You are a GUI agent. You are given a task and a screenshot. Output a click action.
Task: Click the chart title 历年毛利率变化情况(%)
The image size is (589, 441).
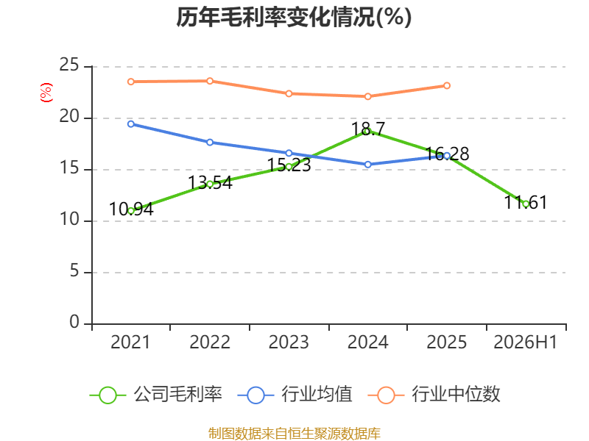coord(294,17)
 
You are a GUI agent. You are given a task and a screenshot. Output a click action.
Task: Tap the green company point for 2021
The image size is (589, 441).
coord(131,211)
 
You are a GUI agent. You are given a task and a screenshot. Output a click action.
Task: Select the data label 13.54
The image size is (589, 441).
coord(210,182)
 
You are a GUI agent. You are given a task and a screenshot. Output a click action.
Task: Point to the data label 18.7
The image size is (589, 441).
coord(368,129)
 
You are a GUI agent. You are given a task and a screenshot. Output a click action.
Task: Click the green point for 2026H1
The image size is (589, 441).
coord(526,204)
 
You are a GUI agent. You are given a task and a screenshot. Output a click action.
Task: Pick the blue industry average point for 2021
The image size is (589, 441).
coord(131,123)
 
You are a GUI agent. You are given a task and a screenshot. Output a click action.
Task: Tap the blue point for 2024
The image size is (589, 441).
coord(367,164)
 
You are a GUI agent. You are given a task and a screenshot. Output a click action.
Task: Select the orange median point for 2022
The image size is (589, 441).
coord(210,81)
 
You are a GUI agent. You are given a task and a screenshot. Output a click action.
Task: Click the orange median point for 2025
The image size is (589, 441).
coord(447,85)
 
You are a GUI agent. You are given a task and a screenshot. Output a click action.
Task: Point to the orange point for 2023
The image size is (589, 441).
coord(289,93)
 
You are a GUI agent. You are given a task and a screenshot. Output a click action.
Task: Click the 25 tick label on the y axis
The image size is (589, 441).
coord(69,65)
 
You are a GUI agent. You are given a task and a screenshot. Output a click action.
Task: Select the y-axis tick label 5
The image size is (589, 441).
coord(74,271)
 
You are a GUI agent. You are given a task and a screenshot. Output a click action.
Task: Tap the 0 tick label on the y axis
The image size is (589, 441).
coord(74,322)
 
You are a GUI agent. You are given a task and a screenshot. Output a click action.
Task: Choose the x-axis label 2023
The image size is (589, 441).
coord(289,342)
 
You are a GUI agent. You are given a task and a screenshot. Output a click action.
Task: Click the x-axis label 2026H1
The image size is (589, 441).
coord(526,342)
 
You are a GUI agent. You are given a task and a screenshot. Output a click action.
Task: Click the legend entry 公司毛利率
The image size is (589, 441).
coord(156,395)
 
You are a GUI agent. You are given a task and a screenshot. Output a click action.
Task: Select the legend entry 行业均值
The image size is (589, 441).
coord(295,395)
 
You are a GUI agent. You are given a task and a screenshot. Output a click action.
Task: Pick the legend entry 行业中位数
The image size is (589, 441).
coord(434,395)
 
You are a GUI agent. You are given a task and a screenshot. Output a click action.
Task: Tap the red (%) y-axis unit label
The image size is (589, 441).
coord(46,93)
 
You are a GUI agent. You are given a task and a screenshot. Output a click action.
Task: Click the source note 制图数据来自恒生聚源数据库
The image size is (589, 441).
coord(294,434)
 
